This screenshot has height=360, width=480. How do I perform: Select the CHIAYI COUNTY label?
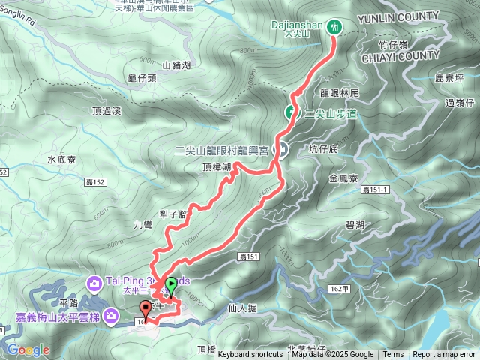coord(400,55)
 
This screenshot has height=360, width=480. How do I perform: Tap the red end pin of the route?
coord(145,307)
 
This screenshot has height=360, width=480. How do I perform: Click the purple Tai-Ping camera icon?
coord(94,282)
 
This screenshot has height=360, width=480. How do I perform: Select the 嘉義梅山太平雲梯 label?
coord(55,316)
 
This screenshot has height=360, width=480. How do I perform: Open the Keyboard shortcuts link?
coord(250,355)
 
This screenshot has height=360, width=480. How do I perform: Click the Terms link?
coord(393,355)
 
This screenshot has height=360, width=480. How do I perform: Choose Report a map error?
coord(444,355)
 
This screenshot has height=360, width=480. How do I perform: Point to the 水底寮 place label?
coord(61,160)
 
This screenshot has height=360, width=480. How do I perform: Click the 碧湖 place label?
coord(355,224)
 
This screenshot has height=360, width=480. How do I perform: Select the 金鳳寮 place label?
coord(346,178)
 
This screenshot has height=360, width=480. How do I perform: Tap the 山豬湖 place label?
coord(177,65)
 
